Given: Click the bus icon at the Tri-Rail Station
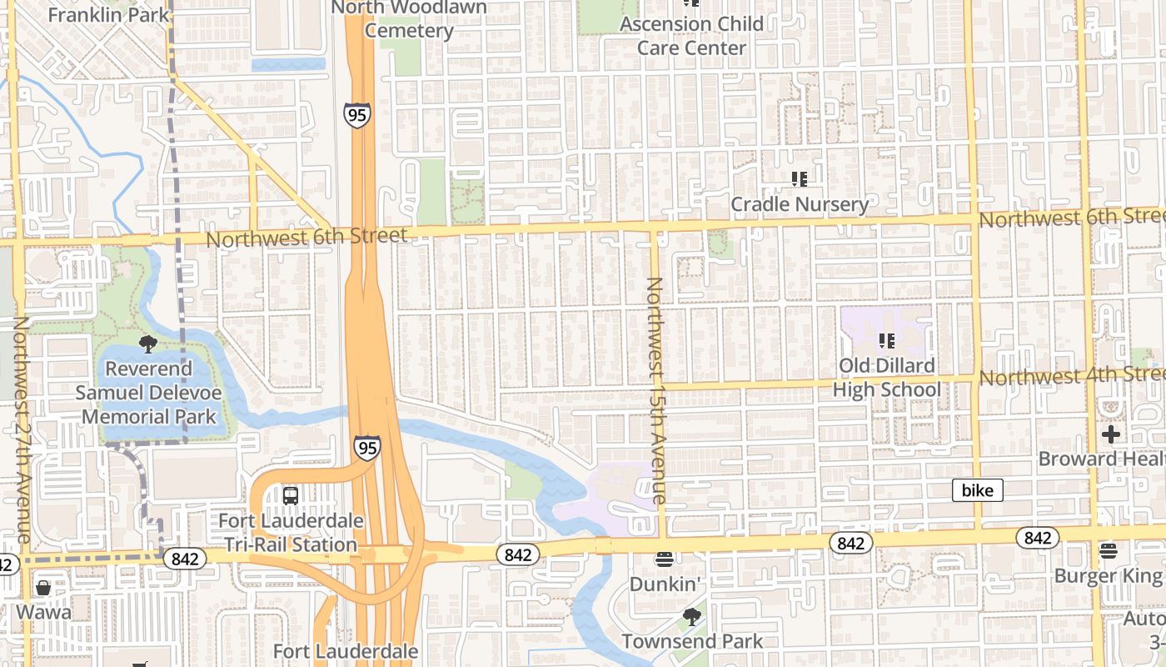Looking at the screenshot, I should click(x=291, y=495).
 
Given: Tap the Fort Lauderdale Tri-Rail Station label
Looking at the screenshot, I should click(x=291, y=533).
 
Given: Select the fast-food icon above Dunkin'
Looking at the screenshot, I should click(x=664, y=559).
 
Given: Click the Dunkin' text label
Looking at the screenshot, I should click(x=664, y=584).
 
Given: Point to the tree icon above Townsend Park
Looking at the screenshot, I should click(x=691, y=617).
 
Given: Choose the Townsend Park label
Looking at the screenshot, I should click(x=692, y=641).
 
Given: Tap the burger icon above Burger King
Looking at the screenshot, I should click(x=1108, y=550).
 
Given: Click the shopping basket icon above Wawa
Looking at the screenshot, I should click(x=43, y=588).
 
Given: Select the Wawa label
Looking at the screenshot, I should click(x=42, y=612).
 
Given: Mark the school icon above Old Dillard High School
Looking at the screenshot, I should click(x=887, y=340).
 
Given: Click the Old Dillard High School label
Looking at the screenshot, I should click(x=887, y=378).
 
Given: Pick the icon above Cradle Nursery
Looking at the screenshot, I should click(x=800, y=178).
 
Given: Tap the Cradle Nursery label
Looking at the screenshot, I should click(x=800, y=204).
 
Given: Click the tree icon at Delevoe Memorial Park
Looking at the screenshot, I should click(x=148, y=344).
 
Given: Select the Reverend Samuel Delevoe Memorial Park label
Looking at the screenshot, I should click(x=148, y=393).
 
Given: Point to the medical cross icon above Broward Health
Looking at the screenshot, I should click(x=1111, y=434).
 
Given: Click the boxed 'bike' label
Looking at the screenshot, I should click(x=977, y=490).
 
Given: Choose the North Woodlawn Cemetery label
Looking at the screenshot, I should click(x=408, y=19).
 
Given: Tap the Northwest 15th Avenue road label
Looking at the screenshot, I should click(x=655, y=390).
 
